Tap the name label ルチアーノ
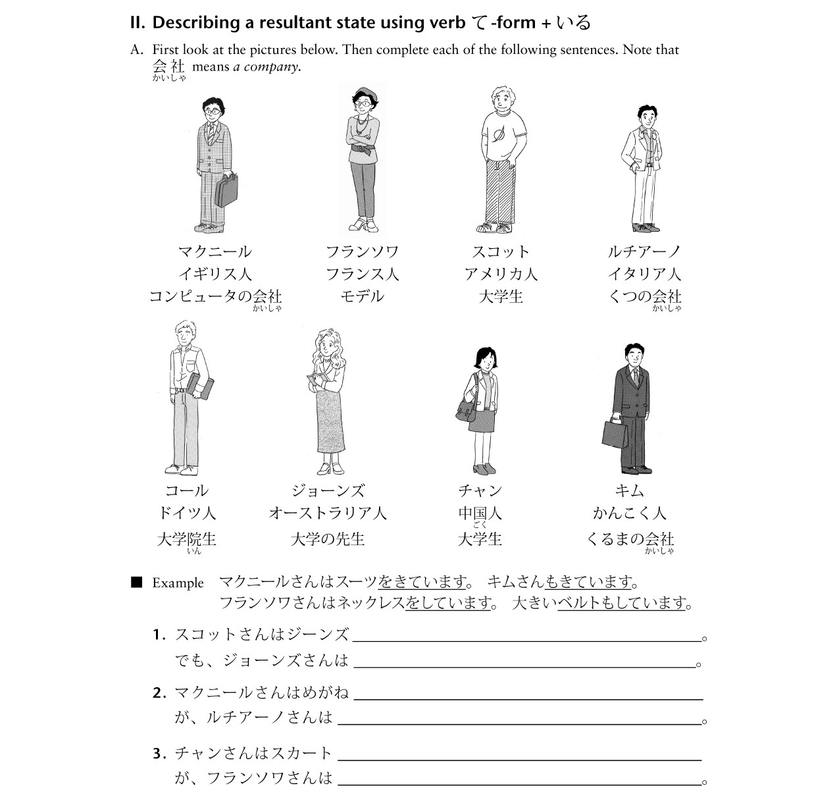(x=644, y=252)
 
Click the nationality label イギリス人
(x=215, y=274)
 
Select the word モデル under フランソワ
(x=361, y=296)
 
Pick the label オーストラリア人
(x=327, y=513)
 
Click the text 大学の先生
(x=327, y=539)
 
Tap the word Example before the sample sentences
(x=178, y=583)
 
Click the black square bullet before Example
(x=137, y=582)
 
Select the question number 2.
(x=158, y=693)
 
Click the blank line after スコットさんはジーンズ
(x=526, y=636)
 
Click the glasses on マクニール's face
(x=213, y=112)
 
